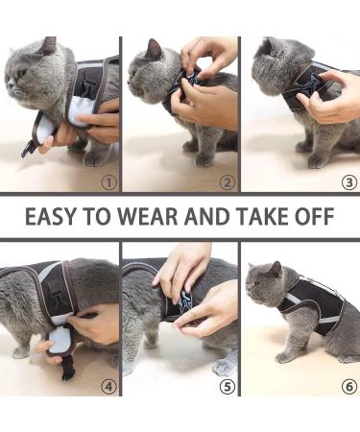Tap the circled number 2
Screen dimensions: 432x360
coord(227,180)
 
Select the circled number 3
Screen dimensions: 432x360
coord(347,180)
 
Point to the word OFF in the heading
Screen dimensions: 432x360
coord(316,217)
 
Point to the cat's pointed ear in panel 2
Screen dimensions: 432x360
coord(153,49)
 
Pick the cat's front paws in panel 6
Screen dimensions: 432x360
coord(287,354)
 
